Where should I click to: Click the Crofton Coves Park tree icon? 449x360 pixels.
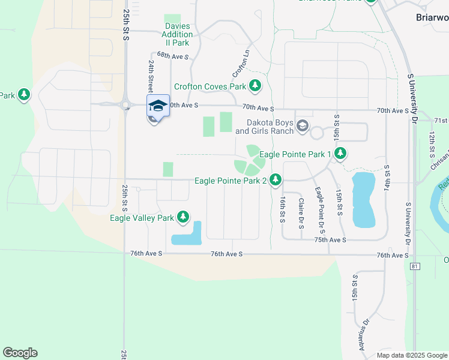pos(255,86)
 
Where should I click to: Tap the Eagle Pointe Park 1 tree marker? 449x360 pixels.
pos(340,154)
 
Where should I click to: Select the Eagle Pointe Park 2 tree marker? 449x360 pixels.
pos(276,179)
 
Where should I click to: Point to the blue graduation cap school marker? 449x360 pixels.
pos(158,106)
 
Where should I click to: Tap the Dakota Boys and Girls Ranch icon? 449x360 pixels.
pos(302,126)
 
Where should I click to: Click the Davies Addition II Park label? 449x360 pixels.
pos(177,35)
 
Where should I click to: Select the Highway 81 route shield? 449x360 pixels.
pos(415,265)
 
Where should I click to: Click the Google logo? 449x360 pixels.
pos(20,353)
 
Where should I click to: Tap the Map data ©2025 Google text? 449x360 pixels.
pos(411,355)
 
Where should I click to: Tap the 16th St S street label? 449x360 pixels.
pos(282,209)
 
